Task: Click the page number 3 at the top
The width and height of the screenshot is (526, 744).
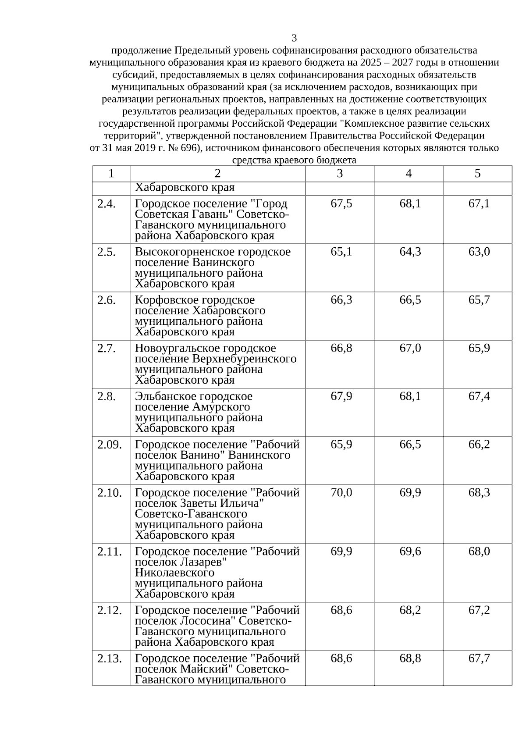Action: (294, 38)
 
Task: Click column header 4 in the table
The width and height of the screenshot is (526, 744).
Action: (409, 174)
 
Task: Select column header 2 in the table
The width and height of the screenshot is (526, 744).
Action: (217, 174)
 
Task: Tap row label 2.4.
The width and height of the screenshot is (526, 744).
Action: (107, 204)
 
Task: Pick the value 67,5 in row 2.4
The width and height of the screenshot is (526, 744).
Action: (341, 204)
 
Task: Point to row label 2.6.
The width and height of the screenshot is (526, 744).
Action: (107, 300)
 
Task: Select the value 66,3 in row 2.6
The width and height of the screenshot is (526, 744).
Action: (341, 300)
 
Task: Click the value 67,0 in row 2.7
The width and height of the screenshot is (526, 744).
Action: (410, 349)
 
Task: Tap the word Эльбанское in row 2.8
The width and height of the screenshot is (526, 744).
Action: (163, 396)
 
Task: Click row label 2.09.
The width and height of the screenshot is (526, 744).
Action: (109, 445)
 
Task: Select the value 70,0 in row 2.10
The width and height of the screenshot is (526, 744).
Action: (341, 493)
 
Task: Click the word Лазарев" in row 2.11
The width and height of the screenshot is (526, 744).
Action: (203, 562)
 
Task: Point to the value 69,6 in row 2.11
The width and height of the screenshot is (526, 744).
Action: (410, 552)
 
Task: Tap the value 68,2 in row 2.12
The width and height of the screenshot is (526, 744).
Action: (410, 610)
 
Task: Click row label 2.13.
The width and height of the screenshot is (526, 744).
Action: (109, 659)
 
